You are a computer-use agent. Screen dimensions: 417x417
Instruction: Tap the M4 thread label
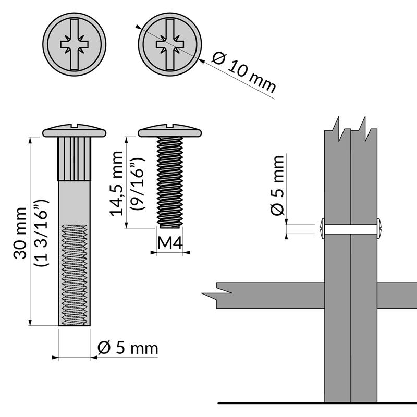(169, 243)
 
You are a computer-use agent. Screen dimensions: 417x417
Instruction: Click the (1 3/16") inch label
(41, 233)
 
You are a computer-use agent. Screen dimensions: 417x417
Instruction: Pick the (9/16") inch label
(137, 187)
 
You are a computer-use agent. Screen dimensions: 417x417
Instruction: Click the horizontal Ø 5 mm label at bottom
(127, 347)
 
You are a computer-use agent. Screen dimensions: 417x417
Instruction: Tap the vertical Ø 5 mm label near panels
(278, 185)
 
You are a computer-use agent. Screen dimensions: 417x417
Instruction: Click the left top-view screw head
(75, 45)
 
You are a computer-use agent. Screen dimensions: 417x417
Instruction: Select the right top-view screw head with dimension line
(169, 45)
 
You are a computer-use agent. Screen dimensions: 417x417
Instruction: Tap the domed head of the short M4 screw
(169, 130)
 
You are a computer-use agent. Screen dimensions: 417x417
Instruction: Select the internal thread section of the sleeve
(75, 274)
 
